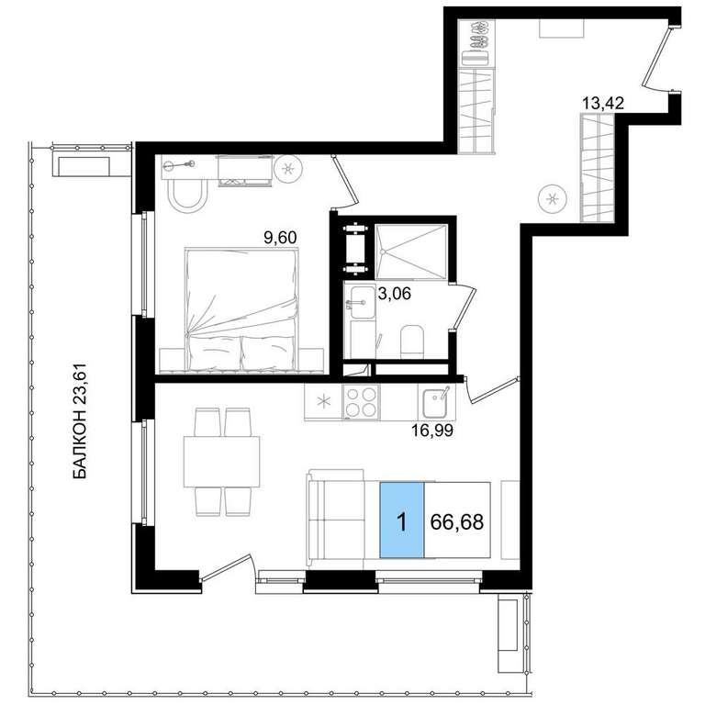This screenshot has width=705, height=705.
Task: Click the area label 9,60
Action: click(280, 237)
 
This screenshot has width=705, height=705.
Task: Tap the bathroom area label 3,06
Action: click(395, 294)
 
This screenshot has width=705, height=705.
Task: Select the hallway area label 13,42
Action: click(603, 104)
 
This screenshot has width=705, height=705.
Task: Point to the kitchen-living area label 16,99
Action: click(432, 431)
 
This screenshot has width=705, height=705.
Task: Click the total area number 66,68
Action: click(457, 522)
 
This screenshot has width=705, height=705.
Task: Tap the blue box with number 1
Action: click(402, 520)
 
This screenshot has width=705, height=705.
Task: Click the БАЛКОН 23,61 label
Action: click(79, 422)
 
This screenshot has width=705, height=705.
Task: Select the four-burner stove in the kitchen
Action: click(361, 401)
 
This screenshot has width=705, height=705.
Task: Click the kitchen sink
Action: click(435, 402)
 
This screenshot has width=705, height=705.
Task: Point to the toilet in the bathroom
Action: click(411, 341)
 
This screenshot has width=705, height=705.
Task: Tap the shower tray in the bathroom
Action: click(411, 252)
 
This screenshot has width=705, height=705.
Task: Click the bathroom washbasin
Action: click(359, 301)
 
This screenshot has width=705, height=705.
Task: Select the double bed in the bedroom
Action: click(242, 309)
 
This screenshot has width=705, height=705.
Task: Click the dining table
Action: click(221, 462)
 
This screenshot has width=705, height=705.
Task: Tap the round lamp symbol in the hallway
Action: click(553, 198)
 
